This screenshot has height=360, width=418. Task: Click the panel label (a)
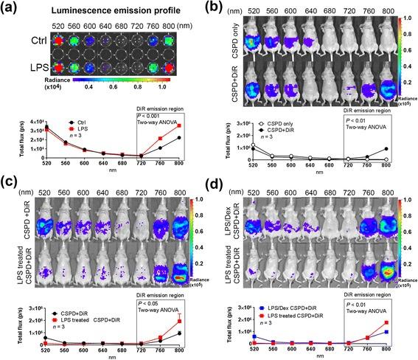pyautogui.click(x=9, y=9)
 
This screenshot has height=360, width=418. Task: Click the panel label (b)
pyautogui.click(x=217, y=9)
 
